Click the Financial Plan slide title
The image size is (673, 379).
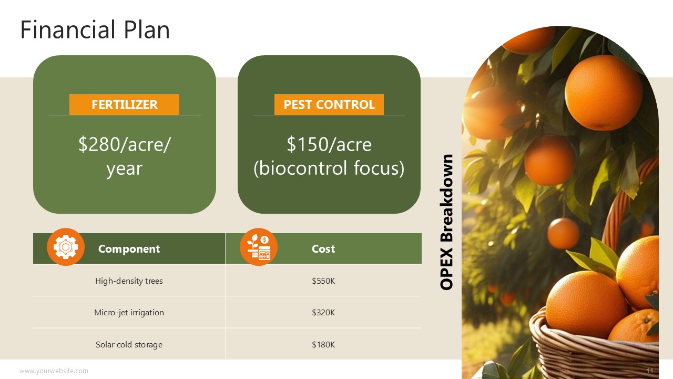point(95,29)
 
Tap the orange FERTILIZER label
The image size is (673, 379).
point(125,104)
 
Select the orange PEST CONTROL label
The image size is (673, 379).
point(329,104)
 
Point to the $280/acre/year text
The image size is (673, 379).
point(125,156)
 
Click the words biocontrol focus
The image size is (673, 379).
point(329,168)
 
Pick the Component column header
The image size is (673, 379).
point(129,249)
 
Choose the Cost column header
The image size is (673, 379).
point(323,249)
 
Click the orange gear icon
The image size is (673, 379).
point(66,247)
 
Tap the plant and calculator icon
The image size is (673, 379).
point(258,247)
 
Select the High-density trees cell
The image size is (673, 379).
point(129,281)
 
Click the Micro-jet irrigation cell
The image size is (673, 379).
point(129,313)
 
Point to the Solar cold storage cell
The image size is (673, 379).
point(129,344)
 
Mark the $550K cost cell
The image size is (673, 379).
point(323,281)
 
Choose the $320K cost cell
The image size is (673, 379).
point(323,313)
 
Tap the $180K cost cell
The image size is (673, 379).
point(323,344)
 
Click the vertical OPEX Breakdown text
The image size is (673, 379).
point(446,222)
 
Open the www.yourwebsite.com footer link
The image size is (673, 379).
point(54,371)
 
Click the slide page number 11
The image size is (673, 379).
point(650,371)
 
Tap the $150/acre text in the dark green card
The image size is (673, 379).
point(329,144)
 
